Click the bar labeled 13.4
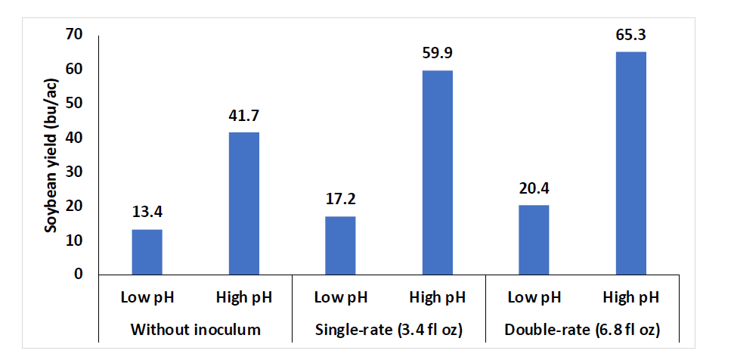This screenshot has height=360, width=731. pyautogui.click(x=147, y=252)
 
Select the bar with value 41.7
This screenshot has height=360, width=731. pyautogui.click(x=243, y=203)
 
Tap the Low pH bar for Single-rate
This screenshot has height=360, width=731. pyautogui.click(x=340, y=246)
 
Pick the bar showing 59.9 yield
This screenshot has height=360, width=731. pyautogui.click(x=437, y=172)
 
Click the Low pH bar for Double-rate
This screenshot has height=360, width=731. pyautogui.click(x=534, y=240)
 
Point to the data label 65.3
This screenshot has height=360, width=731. pyautogui.click(x=631, y=35)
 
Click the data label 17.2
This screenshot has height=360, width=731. pyautogui.click(x=340, y=200)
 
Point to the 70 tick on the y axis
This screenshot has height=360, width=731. pyautogui.click(x=73, y=35)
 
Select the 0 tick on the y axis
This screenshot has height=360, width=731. pyautogui.click(x=78, y=275)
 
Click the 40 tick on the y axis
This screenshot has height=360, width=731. pyautogui.click(x=73, y=138)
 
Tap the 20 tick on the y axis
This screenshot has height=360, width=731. pyautogui.click(x=73, y=206)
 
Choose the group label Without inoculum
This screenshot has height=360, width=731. pyautogui.click(x=196, y=330)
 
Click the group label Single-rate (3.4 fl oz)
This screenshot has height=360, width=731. pyautogui.click(x=389, y=330)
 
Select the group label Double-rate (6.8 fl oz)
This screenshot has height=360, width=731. pyautogui.click(x=582, y=330)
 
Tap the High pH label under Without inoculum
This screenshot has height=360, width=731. pyautogui.click(x=243, y=297)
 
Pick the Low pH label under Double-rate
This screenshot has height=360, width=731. pyautogui.click(x=534, y=297)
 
